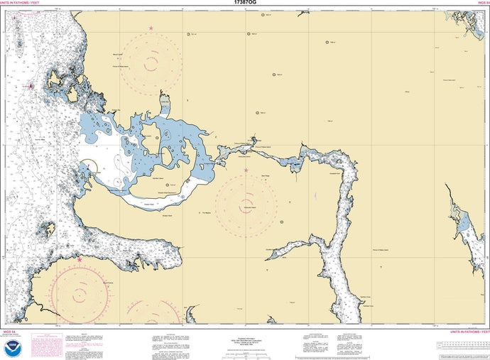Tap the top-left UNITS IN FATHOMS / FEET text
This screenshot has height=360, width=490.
(x=21, y=7)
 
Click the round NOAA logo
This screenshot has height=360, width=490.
(x=13, y=348)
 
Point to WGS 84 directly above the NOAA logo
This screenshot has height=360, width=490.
(x=10, y=332)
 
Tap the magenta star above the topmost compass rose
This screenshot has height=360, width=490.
(x=151, y=28)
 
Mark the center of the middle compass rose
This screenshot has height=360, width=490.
(x=246, y=204)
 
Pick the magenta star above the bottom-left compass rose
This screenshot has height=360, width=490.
(x=80, y=260)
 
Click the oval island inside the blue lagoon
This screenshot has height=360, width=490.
(x=152, y=138)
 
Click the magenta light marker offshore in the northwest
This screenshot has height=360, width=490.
(x=30, y=86)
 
